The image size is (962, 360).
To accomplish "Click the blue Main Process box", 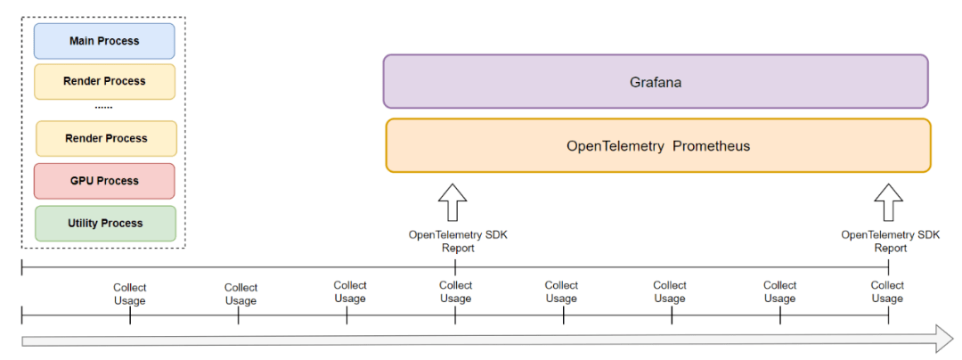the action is coord(104,41).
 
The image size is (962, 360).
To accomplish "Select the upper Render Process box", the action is coord(104,82).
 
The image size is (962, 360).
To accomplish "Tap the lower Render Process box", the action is coord(106,139).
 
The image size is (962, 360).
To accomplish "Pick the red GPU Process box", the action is coord(104,181).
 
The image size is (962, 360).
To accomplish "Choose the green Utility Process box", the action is coord(105,224).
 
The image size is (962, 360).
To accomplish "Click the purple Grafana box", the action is coord(656,82).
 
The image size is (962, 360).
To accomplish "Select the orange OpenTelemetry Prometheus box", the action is coord(658,146).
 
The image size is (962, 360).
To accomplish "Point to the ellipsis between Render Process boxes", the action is coord(103,108).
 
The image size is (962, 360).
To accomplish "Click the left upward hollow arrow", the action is coord(452,201).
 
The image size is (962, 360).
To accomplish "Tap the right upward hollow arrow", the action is coord(888,201).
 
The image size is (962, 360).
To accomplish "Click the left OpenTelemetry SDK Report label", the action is coord(459,241).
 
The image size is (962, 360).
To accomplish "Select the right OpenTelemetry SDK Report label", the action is coord(890,241).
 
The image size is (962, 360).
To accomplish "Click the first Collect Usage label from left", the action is coord(129,294).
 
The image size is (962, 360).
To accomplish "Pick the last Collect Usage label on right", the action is coord(887,292).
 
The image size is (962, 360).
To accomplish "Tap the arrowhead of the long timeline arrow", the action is coord(945,339).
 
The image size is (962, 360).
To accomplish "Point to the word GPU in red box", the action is coord(82,181).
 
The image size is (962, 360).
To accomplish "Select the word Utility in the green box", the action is coord(83,224).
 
